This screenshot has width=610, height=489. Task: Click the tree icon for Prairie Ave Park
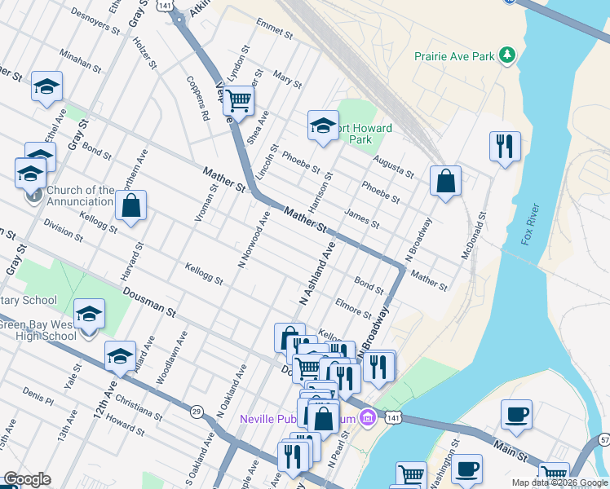(508, 55)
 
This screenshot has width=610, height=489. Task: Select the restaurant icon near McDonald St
(504, 147)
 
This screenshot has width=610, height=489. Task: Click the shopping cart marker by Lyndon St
(239, 101)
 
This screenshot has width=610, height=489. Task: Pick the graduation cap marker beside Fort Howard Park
(323, 126)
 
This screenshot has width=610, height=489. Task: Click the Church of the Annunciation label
(80, 196)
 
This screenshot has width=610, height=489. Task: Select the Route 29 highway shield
(197, 412)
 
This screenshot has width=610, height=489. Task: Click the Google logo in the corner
(27, 479)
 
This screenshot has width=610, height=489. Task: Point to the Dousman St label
(149, 301)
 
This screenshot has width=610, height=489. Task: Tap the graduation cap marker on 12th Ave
(120, 355)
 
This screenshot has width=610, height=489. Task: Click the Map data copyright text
(559, 482)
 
